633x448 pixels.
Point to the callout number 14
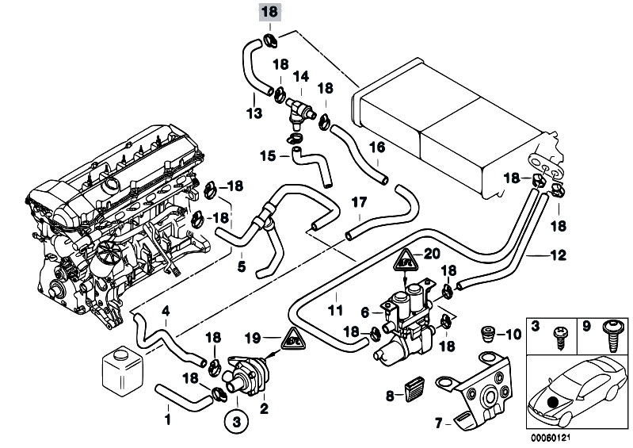(x=301, y=77)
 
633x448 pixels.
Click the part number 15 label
(x=266, y=156)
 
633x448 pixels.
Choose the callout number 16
(x=376, y=147)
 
